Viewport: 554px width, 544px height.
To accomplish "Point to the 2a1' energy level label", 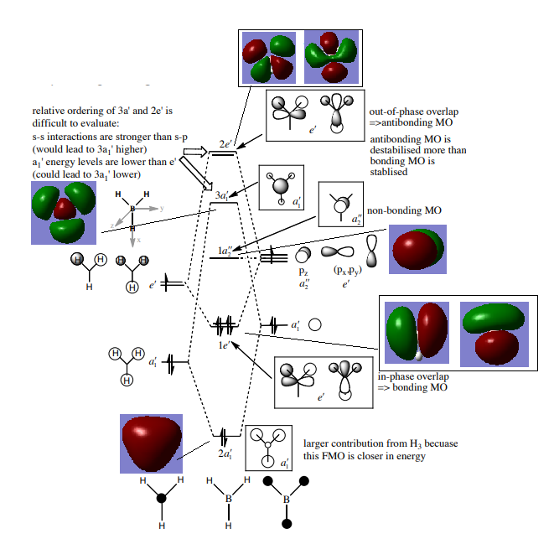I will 224,452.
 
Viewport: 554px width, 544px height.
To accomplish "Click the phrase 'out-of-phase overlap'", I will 413,112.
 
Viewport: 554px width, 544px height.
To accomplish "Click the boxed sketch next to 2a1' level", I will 268,446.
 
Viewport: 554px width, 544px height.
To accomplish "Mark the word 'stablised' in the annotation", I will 390,172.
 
